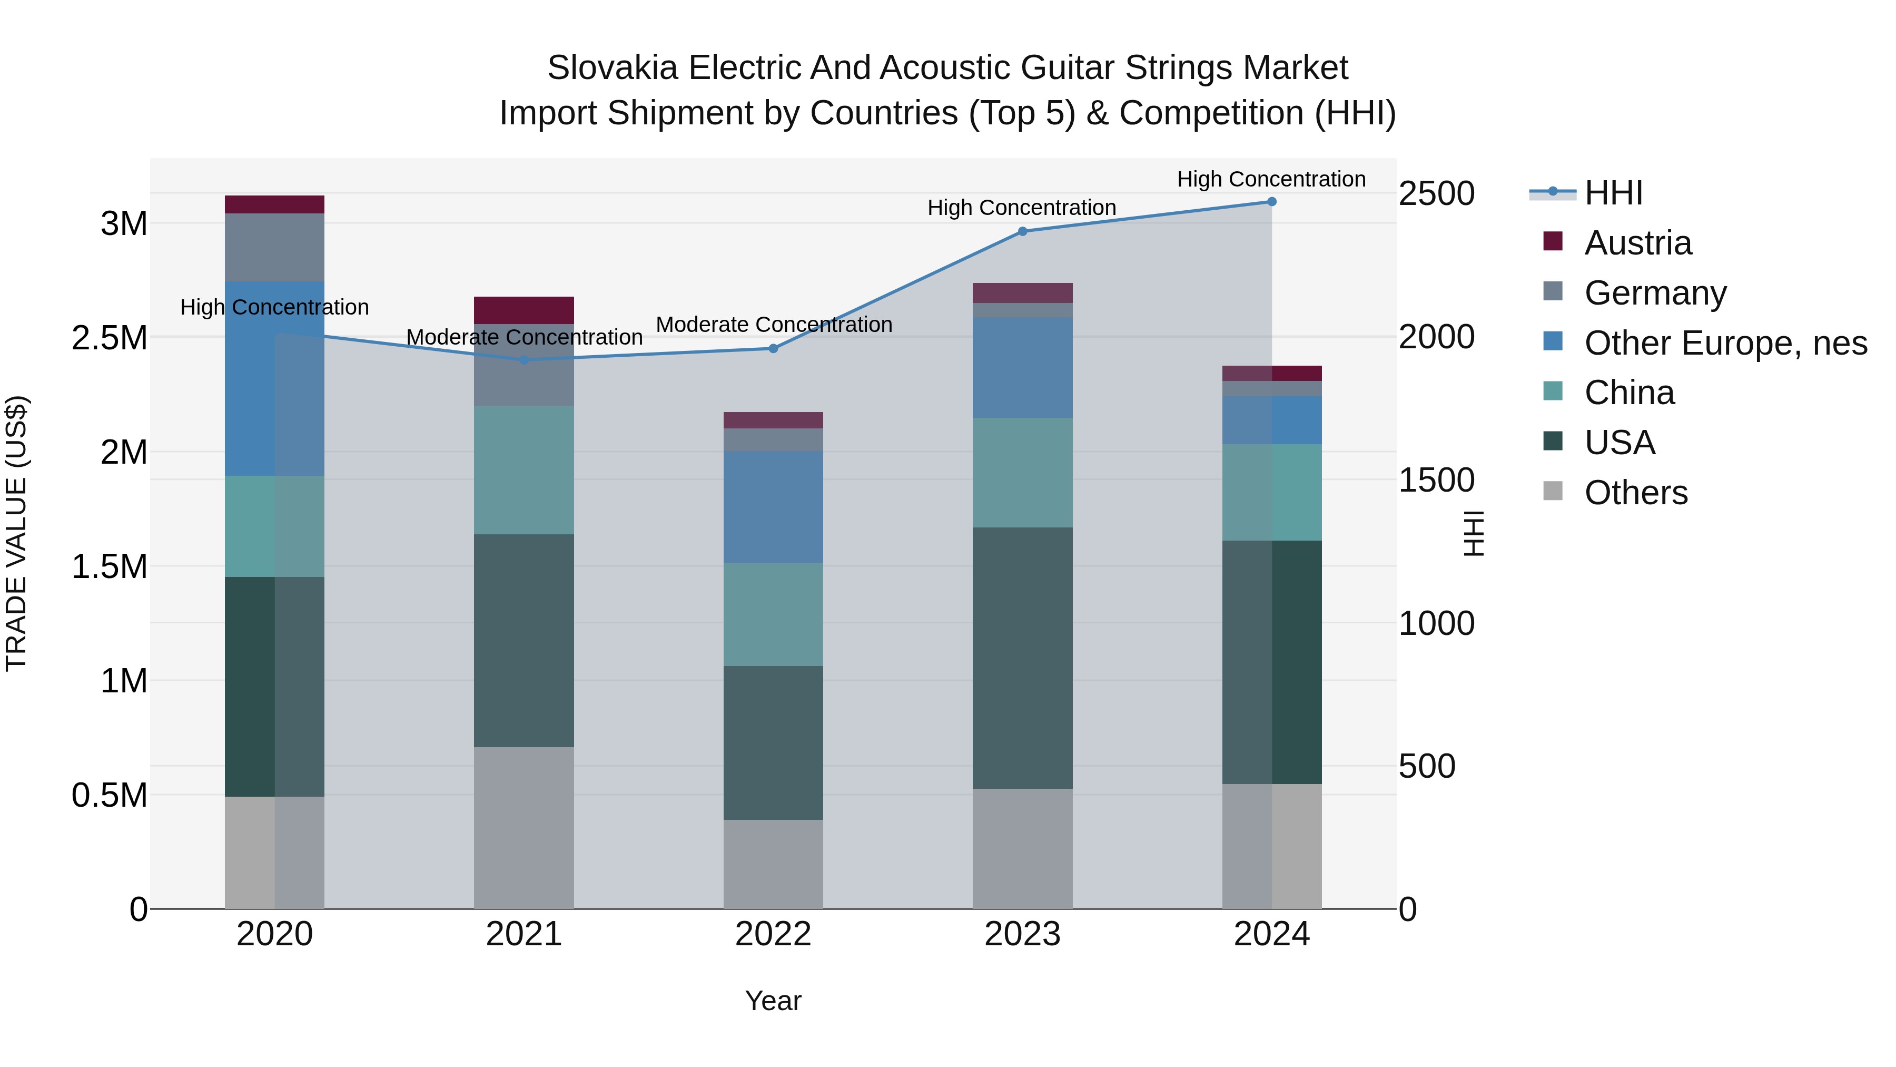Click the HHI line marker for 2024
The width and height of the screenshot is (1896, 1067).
coord(1271,202)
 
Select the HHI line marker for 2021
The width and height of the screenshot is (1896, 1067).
coord(524,360)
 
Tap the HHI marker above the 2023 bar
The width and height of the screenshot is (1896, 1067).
coord(1022,231)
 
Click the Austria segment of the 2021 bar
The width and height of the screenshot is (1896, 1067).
coord(524,310)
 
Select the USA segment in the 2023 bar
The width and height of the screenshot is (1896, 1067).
coord(1022,658)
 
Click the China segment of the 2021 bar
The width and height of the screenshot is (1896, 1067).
coord(524,470)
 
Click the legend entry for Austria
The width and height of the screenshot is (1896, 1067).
coord(1637,243)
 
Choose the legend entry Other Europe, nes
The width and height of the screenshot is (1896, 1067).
coord(1725,343)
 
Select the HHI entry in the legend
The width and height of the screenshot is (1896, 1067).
coord(1613,193)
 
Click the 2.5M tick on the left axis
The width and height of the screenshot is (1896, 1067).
coord(110,338)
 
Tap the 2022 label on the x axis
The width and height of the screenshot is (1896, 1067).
coord(773,934)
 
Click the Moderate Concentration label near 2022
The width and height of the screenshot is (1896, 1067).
coord(774,325)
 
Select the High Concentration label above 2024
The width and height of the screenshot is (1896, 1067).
coord(1271,180)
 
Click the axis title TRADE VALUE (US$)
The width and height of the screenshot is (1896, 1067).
coord(16,533)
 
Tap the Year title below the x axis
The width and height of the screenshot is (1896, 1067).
coord(773,1001)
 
